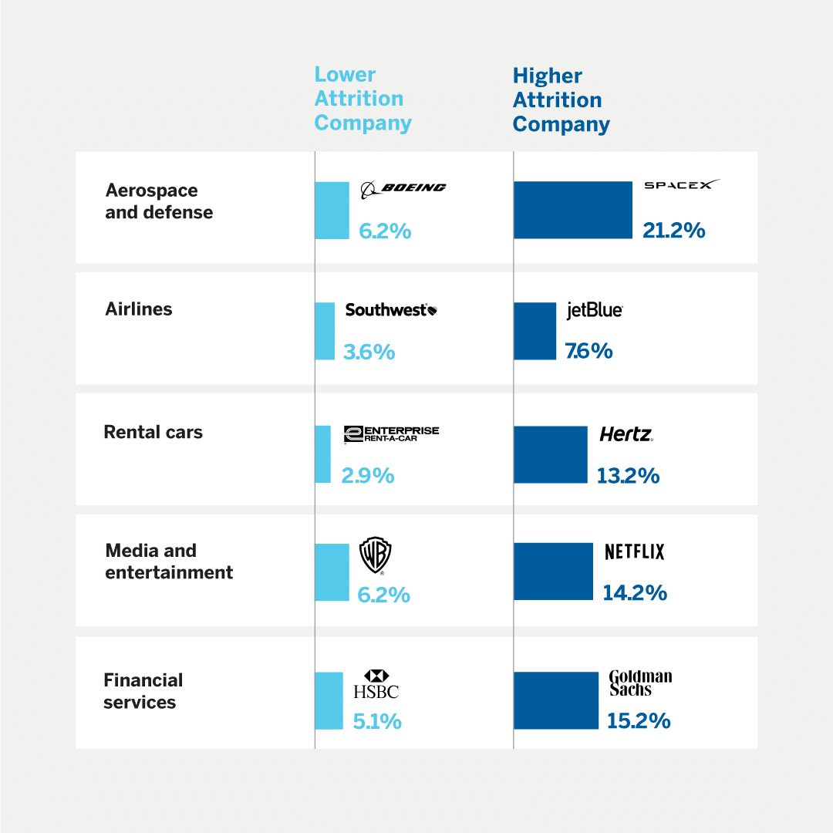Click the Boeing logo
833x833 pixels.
[403, 188]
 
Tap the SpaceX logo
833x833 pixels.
[682, 185]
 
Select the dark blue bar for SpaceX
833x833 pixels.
[573, 210]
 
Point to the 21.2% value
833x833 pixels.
[673, 230]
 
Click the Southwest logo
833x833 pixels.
[391, 310]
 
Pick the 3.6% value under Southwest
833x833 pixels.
[369, 352]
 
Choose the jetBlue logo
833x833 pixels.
[594, 310]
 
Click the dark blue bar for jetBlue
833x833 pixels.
[535, 331]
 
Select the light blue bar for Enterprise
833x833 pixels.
[322, 454]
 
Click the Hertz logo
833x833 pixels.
[626, 434]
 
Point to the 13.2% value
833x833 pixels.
[628, 476]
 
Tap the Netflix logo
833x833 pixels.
[634, 551]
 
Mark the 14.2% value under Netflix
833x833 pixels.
[635, 592]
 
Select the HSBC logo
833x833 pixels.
[376, 685]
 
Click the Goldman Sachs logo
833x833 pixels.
[640, 683]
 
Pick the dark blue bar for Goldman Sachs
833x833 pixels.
[555, 700]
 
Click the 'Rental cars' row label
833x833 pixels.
[153, 432]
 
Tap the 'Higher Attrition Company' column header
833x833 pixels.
[561, 100]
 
